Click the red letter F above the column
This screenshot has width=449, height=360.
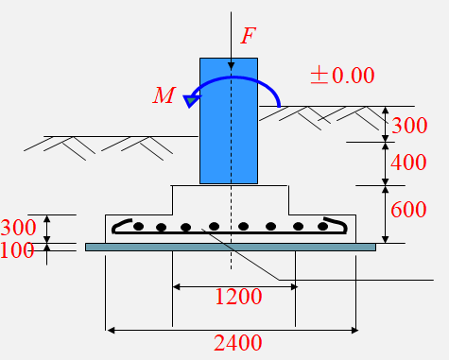[x=249, y=35]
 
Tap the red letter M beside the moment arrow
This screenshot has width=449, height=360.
[x=164, y=95]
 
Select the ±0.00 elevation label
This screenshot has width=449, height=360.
[x=342, y=76]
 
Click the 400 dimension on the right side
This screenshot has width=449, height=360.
[x=408, y=163]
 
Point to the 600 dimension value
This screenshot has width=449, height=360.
[x=408, y=210]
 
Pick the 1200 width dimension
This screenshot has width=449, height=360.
[x=238, y=297]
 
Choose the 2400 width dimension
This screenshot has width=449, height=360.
[x=238, y=343]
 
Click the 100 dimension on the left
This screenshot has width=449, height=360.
[x=17, y=250]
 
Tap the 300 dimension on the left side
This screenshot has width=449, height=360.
[x=18, y=228]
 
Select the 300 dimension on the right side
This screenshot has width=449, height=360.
[x=409, y=126]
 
